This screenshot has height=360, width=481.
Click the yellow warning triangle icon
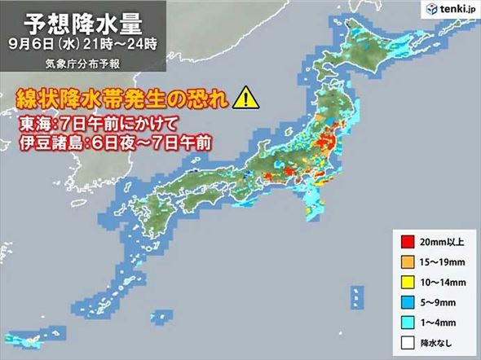[x=243, y=99]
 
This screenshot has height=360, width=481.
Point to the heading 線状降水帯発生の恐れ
[x=122, y=99]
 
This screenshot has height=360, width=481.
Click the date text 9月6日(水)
[x=50, y=46]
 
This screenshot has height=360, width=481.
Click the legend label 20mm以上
[x=440, y=239]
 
